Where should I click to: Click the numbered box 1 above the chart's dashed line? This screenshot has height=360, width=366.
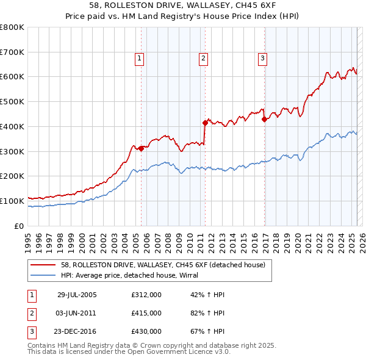click(x=140, y=59)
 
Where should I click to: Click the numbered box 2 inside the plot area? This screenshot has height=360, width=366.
click(x=203, y=59)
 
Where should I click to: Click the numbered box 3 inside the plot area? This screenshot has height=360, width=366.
click(x=262, y=59)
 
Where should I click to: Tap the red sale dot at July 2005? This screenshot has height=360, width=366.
click(x=141, y=148)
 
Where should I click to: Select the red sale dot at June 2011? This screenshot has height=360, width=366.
click(x=204, y=123)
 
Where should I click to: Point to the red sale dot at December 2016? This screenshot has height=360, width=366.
click(x=264, y=120)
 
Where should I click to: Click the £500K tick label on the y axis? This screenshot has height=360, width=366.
click(x=12, y=101)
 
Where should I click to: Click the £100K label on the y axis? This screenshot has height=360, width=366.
click(x=12, y=201)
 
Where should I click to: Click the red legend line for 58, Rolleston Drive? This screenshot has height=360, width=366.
click(x=43, y=265)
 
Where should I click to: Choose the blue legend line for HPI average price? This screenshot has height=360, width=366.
click(x=43, y=275)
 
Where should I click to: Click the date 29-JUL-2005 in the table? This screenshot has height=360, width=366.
click(x=77, y=295)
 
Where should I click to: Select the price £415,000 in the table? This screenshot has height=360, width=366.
click(x=146, y=313)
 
